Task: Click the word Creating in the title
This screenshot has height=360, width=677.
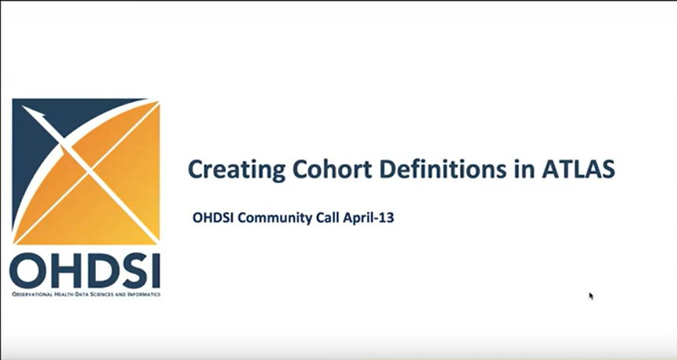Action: (237, 169)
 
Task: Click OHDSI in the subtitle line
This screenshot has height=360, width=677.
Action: (213, 218)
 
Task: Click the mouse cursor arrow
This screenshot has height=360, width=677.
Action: (591, 296)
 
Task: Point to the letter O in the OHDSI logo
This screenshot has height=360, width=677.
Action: (28, 270)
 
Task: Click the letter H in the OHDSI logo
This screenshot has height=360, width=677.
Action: (64, 270)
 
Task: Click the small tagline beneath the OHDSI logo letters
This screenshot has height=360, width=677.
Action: (86, 295)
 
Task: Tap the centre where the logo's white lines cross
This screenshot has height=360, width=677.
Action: (90, 173)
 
